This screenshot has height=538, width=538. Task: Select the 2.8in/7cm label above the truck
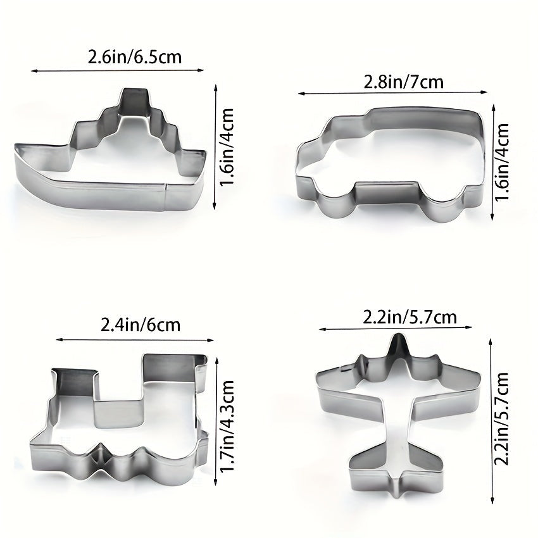point(403,82)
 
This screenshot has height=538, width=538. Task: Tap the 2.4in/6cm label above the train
point(141,325)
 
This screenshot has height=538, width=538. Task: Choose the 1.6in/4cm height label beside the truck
point(503,162)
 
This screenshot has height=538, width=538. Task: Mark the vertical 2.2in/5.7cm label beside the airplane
point(503,418)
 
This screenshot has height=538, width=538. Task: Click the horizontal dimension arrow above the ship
point(116,71)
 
